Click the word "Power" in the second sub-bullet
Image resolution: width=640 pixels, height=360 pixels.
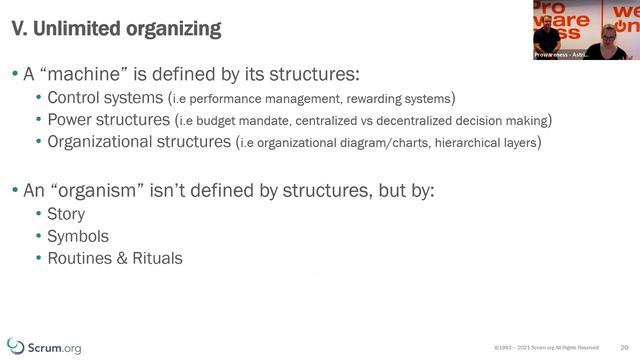(x=74, y=120)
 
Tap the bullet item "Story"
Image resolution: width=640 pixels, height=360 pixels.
(x=66, y=214)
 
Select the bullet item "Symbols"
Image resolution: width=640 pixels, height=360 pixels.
(x=78, y=236)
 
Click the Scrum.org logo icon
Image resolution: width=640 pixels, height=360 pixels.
(x=15, y=344)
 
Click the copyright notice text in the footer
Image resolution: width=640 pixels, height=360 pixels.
(x=547, y=348)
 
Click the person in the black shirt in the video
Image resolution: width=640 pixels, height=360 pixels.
(x=549, y=36)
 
